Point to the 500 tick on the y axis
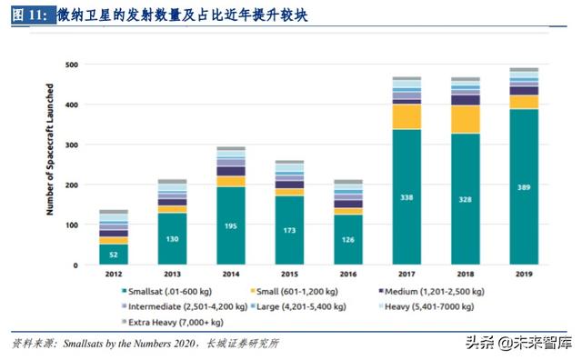click(70, 65)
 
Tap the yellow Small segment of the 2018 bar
click(465, 119)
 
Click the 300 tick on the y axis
click(70, 145)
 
